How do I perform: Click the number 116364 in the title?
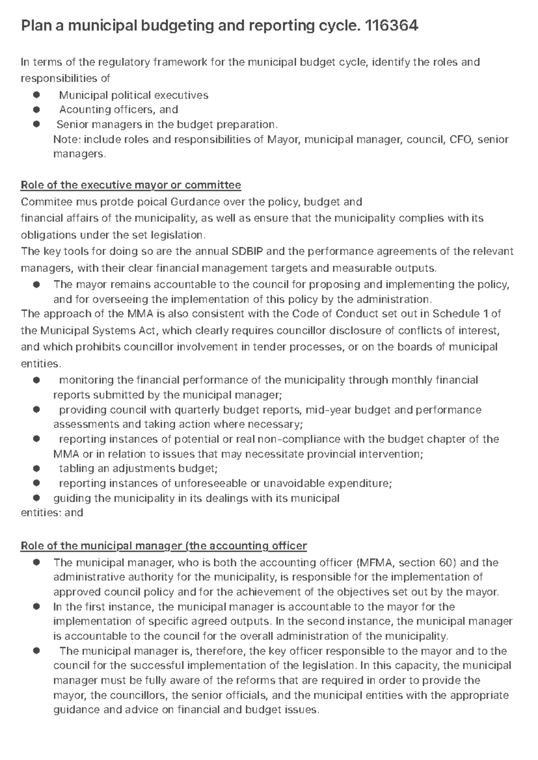392,26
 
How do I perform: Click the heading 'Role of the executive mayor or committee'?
131,185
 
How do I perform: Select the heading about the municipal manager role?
164,546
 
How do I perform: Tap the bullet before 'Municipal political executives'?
36,95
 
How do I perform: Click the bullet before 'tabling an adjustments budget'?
36,469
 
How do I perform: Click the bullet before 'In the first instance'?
36,607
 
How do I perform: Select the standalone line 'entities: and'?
52,513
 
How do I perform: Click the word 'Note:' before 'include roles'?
67,139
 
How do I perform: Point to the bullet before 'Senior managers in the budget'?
36,124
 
